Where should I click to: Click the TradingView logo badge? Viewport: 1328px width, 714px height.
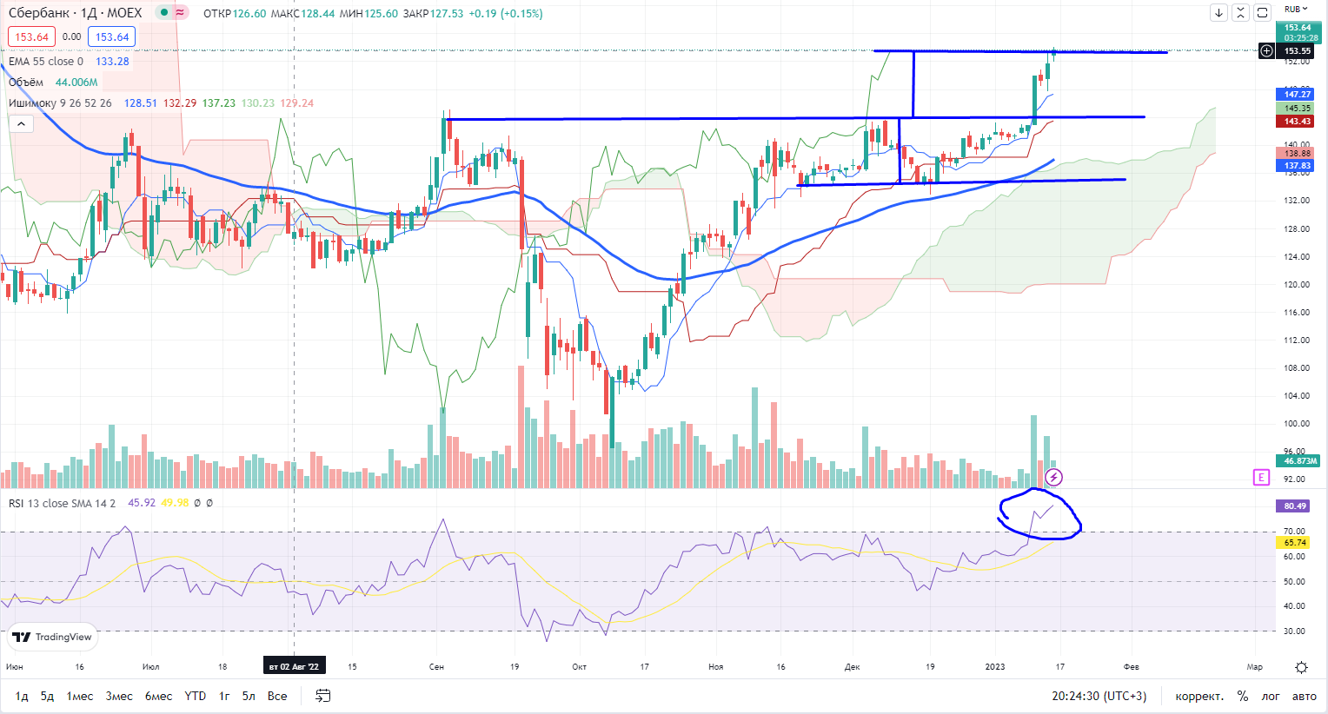53,638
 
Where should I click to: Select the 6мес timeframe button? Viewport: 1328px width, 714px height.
158,696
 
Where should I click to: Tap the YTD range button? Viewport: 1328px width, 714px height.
196,696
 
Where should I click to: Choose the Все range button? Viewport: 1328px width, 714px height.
277,696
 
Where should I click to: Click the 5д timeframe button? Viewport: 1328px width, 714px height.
47,696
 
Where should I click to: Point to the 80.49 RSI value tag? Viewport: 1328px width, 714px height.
1295,506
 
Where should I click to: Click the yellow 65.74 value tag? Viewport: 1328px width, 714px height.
1295,543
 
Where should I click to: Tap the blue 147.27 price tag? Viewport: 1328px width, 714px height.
1298,94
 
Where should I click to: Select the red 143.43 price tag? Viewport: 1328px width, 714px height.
1298,122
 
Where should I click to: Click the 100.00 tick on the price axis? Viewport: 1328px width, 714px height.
1297,424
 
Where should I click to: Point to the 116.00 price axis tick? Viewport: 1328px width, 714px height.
1297,313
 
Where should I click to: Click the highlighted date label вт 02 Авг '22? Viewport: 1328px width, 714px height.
294,666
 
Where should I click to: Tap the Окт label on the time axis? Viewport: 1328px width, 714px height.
580,666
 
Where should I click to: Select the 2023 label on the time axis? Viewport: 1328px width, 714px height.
995,666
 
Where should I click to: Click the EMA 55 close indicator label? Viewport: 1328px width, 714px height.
46,62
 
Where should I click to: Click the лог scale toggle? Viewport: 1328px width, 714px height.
1271,696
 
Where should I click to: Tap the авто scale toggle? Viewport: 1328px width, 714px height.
1304,696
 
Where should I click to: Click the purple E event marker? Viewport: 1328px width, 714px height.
1261,477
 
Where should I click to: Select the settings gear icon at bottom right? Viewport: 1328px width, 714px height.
1301,667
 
